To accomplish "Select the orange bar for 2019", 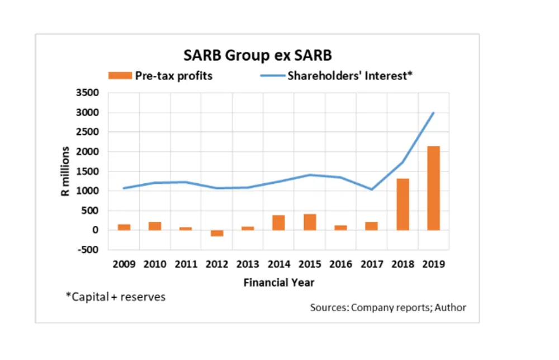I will point(433,188).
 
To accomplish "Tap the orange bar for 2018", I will point(402,204).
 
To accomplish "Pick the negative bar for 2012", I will point(217,233).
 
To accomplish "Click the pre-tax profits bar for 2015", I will point(310,222).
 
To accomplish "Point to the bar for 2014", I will point(278,222).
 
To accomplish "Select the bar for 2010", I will point(155,226).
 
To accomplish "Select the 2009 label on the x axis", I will point(124,264).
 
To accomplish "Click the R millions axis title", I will point(65,171).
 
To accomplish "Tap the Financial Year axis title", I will point(278,282).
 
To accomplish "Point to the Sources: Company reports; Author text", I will point(388,307).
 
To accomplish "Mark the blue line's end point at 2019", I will point(433,113).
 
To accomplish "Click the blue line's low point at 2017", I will point(371,190).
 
